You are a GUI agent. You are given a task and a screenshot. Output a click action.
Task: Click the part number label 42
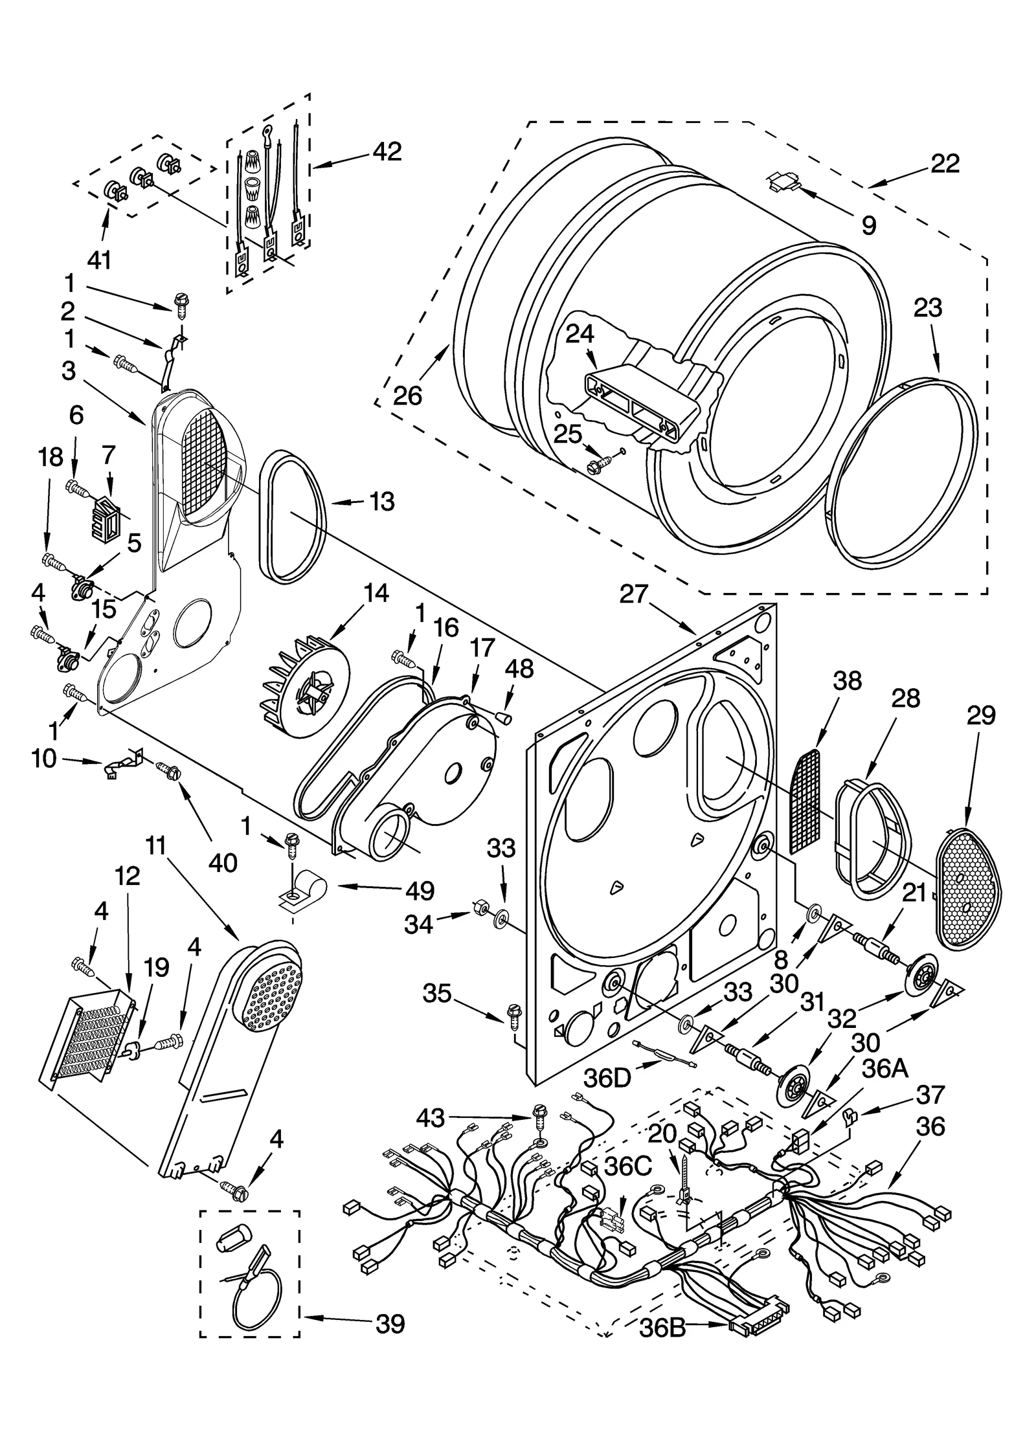(x=387, y=151)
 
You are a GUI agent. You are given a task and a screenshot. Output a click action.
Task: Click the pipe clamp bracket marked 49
(x=300, y=891)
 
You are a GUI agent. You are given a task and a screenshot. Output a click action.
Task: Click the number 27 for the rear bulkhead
(x=633, y=594)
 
